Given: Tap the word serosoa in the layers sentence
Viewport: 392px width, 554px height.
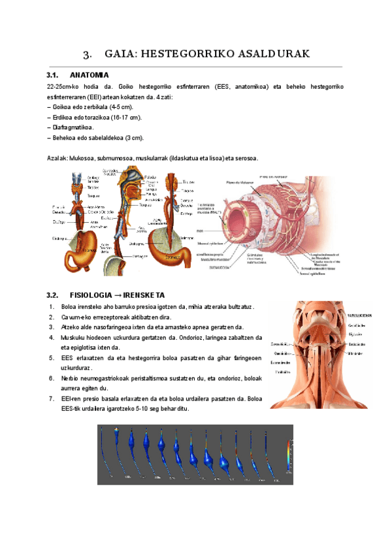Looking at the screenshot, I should pos(246,159).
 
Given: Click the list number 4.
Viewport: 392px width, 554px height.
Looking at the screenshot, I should pos(52,337).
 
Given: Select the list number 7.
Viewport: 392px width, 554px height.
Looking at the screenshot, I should pos(52,399).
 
